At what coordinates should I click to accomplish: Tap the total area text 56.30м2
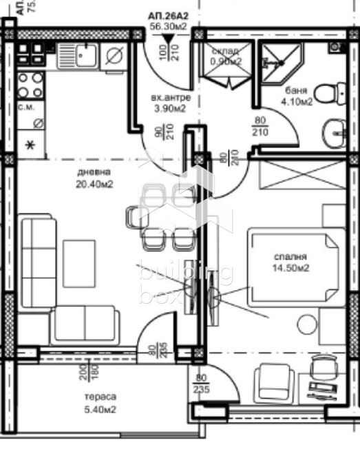tap(168, 28)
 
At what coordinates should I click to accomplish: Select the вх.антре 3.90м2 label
tap(169, 103)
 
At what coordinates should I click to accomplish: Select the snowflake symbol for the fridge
tap(30, 145)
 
